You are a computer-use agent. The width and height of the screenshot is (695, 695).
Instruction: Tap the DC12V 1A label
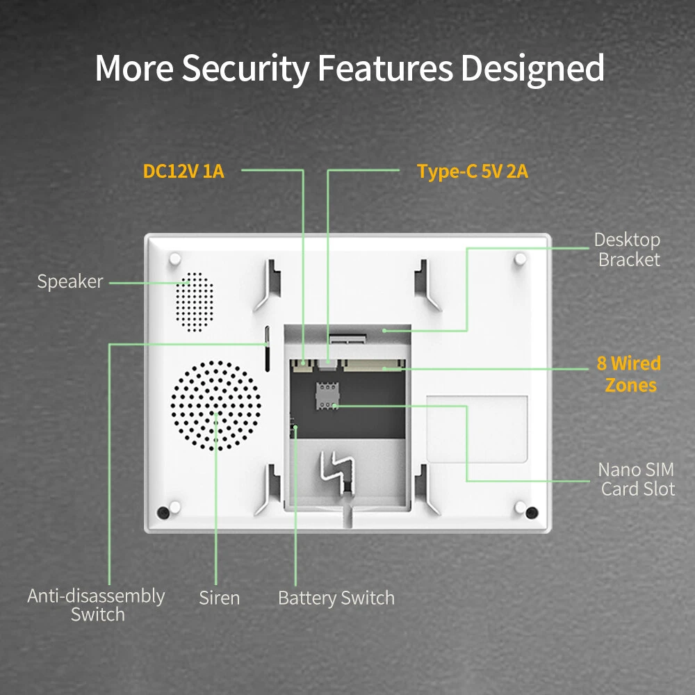click(x=183, y=171)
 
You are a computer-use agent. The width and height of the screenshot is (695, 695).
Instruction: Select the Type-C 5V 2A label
click(x=473, y=172)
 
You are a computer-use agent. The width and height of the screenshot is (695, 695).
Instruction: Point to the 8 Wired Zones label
click(x=629, y=374)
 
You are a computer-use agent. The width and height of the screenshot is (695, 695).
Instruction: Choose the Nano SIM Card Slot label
click(x=637, y=480)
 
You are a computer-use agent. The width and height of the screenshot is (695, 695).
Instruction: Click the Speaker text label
click(x=69, y=281)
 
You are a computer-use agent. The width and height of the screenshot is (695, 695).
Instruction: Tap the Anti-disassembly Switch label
click(x=97, y=605)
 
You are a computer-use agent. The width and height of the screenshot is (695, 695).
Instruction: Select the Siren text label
click(x=219, y=598)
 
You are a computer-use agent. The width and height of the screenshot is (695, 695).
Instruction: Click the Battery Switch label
click(x=336, y=598)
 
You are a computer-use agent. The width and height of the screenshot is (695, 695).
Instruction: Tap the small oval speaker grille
click(x=192, y=300)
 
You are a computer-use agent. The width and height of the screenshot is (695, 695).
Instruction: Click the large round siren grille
click(x=216, y=406)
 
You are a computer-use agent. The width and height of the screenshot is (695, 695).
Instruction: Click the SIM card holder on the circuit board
click(x=326, y=394)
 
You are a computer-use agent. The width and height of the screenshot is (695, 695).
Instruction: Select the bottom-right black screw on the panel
click(x=532, y=513)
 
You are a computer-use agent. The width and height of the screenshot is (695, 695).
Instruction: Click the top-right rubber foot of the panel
click(x=520, y=259)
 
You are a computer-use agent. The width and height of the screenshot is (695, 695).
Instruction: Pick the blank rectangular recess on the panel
click(x=477, y=428)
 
